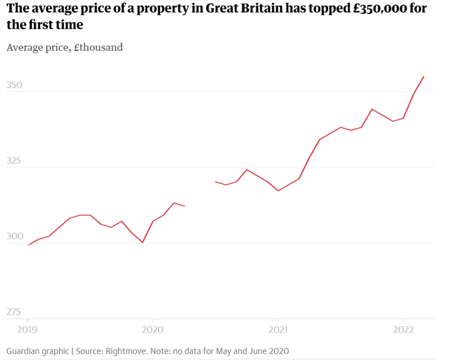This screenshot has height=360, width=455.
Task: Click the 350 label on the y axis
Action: click(x=14, y=85)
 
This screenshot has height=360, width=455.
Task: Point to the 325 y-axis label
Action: click(x=13, y=160)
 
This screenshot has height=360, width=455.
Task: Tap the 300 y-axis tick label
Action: click(x=15, y=236)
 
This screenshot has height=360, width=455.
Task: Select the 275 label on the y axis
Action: click(x=13, y=312)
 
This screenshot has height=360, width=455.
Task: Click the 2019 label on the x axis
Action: click(x=27, y=330)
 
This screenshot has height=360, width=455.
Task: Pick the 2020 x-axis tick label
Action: click(x=153, y=330)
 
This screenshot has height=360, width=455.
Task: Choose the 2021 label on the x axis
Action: click(x=278, y=330)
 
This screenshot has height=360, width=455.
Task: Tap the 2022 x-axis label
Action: click(x=403, y=330)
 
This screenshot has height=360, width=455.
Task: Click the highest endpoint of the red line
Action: click(x=424, y=76)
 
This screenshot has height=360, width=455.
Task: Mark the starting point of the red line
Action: click(x=29, y=245)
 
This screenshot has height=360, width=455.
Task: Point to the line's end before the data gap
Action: click(x=184, y=206)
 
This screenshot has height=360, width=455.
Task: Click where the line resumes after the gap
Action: click(x=215, y=182)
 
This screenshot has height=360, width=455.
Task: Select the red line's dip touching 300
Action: click(x=143, y=242)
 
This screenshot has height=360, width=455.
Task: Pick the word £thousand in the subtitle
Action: click(x=98, y=47)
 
